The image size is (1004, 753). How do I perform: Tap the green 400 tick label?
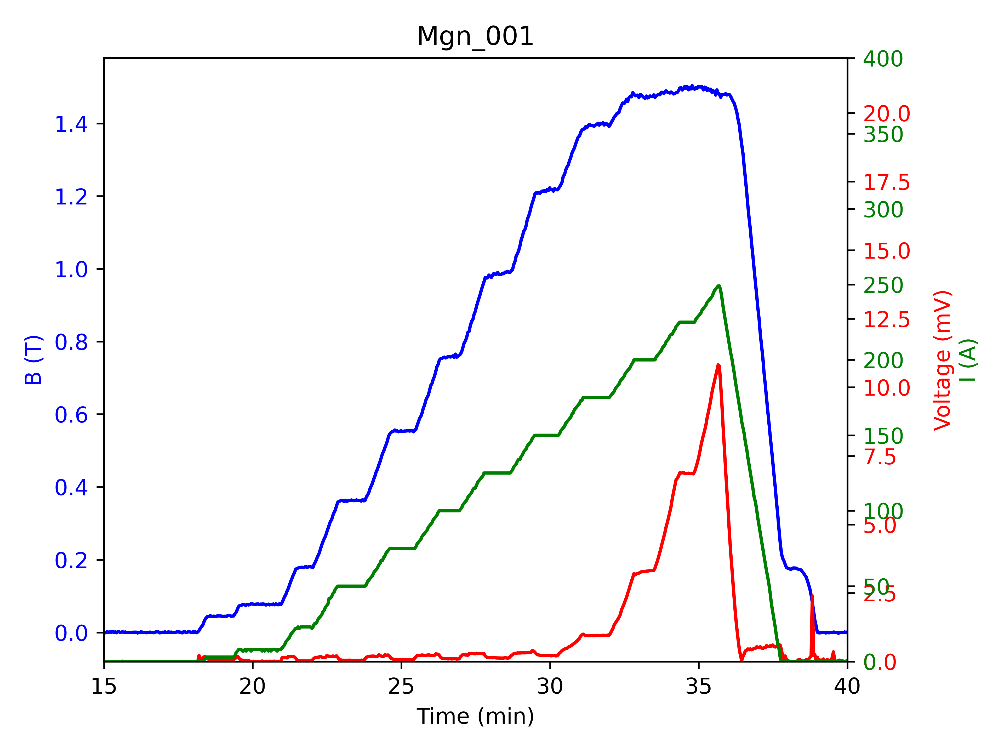(883, 59)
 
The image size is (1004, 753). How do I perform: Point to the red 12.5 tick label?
(886, 320)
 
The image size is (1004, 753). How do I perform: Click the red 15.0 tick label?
(886, 251)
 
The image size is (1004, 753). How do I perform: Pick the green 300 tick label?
(883, 210)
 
